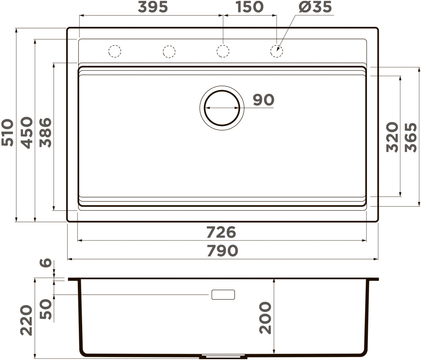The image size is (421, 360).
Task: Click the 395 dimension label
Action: click(153, 7)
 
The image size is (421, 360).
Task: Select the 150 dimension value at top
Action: click(249, 7)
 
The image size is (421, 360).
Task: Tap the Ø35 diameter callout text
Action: click(315, 7)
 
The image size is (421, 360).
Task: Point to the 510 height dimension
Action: click(7, 132)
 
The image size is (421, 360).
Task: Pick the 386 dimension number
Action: click(45, 132)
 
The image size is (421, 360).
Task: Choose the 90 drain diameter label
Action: click(263, 100)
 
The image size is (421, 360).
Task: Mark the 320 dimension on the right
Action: click(392, 137)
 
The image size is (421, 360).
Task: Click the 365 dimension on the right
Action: click(411, 137)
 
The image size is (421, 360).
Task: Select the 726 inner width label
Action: click(221, 232)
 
